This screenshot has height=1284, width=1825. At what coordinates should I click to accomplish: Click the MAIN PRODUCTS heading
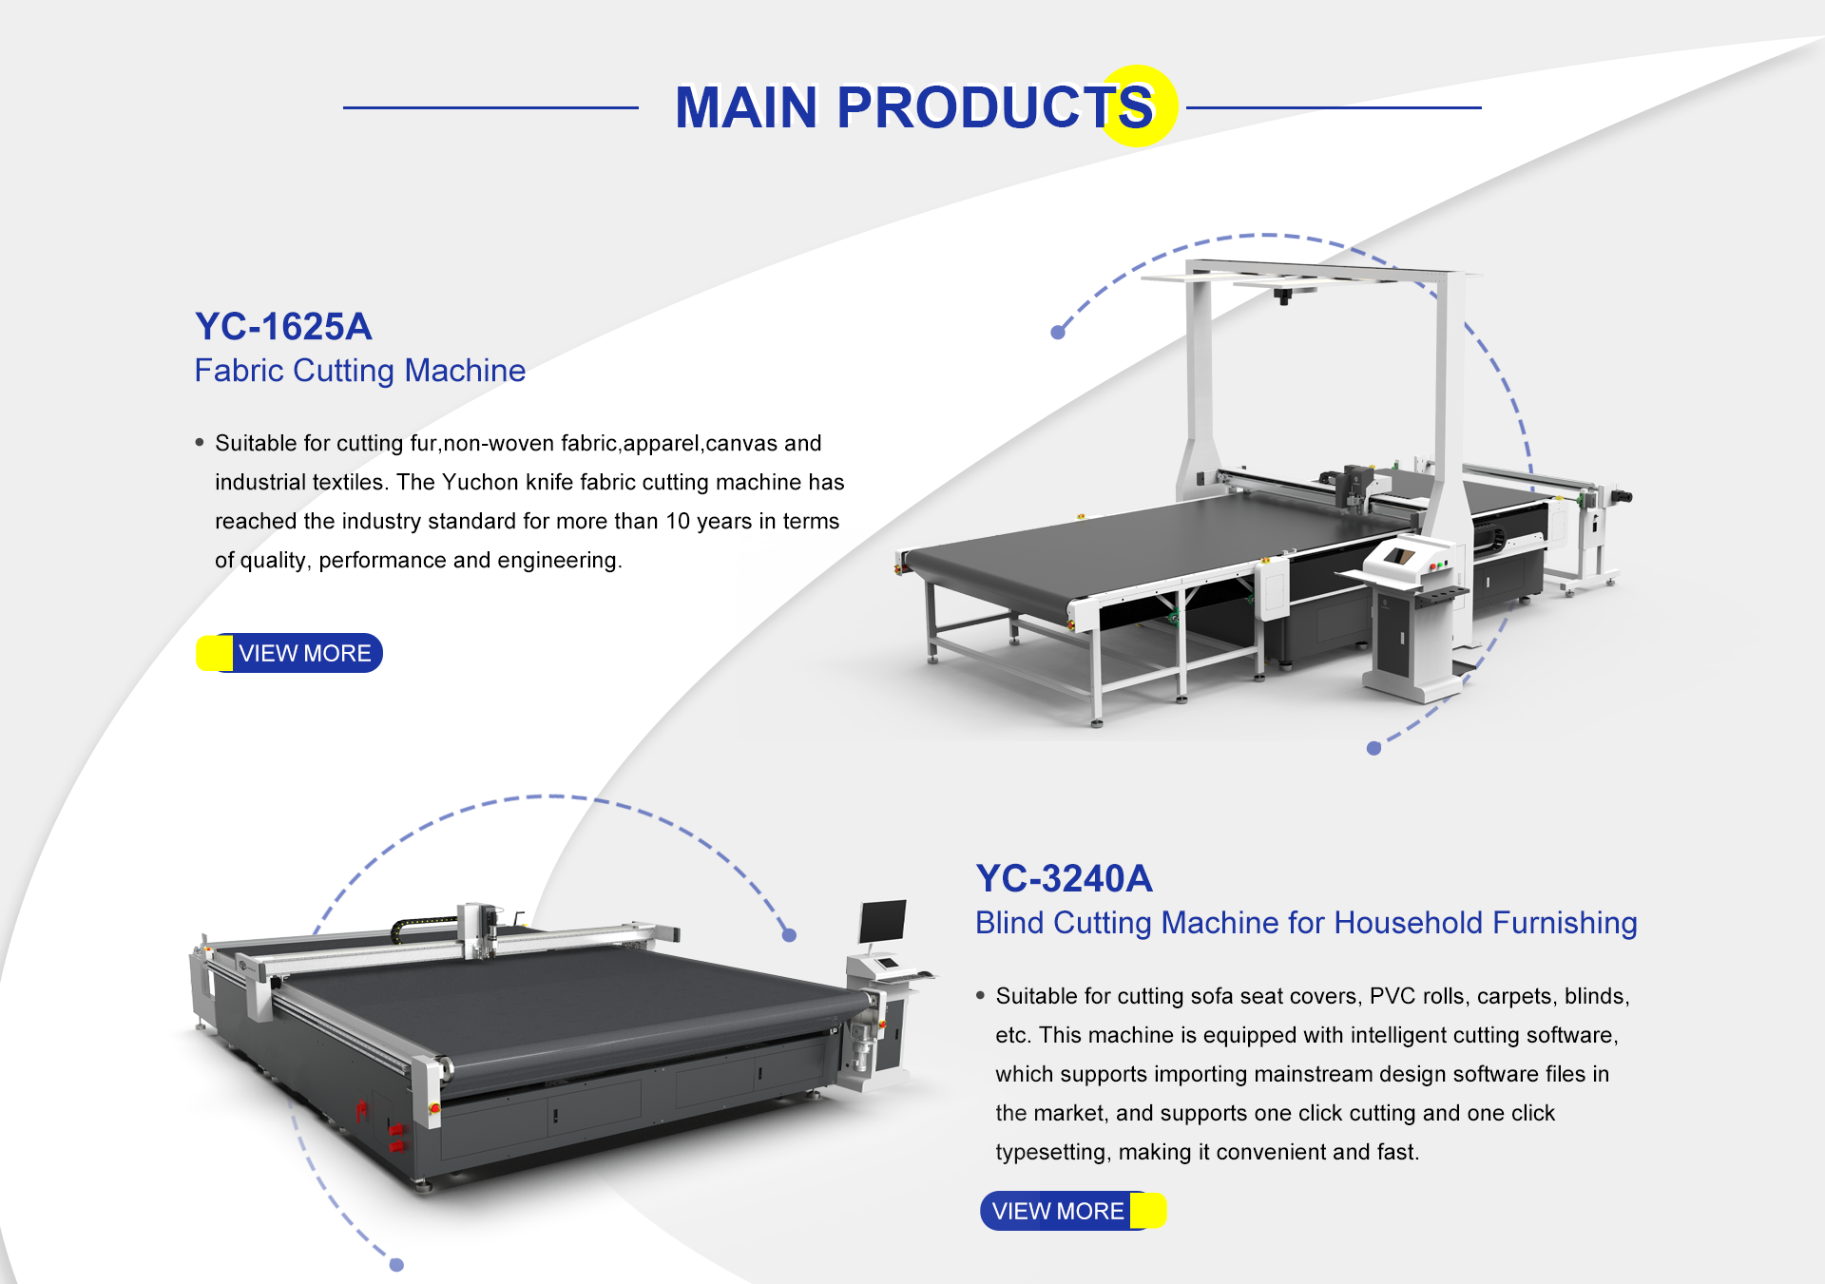tap(913, 106)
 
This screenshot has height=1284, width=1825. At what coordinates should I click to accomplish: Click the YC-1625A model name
tap(283, 327)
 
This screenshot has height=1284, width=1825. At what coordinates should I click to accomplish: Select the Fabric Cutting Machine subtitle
tap(359, 371)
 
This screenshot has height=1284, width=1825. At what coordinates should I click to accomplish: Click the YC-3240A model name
tap(1064, 879)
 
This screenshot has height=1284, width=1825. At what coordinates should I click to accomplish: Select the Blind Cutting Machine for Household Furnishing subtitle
tap(1306, 923)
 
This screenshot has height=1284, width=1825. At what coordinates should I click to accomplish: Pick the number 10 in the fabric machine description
tap(677, 522)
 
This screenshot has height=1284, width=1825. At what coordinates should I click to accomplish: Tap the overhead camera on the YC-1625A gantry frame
tap(1283, 296)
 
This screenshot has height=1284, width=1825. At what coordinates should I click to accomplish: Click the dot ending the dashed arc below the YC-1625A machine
tap(1374, 748)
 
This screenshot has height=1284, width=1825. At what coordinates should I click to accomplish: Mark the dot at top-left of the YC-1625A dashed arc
tap(1058, 333)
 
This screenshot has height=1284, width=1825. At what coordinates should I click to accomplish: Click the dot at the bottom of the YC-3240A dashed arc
tap(397, 1265)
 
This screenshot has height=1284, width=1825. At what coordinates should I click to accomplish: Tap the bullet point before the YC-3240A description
tap(980, 996)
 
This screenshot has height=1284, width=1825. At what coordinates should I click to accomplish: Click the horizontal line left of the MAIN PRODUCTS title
tap(490, 107)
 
